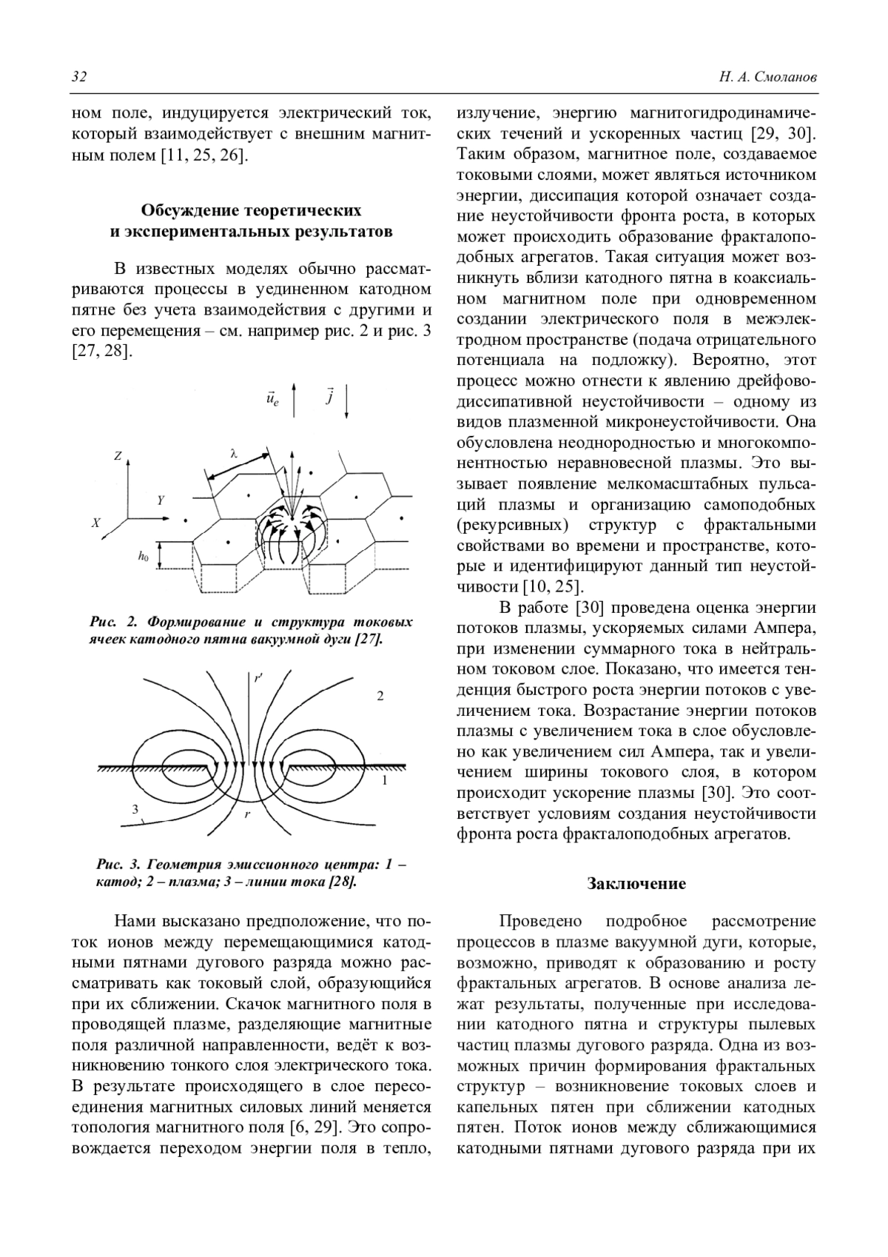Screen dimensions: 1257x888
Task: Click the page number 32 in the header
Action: [79, 77]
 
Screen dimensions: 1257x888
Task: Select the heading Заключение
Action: [636, 883]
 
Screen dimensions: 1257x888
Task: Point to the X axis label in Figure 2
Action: [95, 523]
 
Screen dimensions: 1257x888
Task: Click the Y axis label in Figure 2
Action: [161, 500]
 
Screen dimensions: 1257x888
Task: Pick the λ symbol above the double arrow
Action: [233, 453]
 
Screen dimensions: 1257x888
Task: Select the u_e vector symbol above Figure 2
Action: [272, 400]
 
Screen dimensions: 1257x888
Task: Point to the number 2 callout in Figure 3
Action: [380, 697]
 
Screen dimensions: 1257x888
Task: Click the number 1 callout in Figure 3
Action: [384, 780]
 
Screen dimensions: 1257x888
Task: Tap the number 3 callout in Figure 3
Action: [135, 809]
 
